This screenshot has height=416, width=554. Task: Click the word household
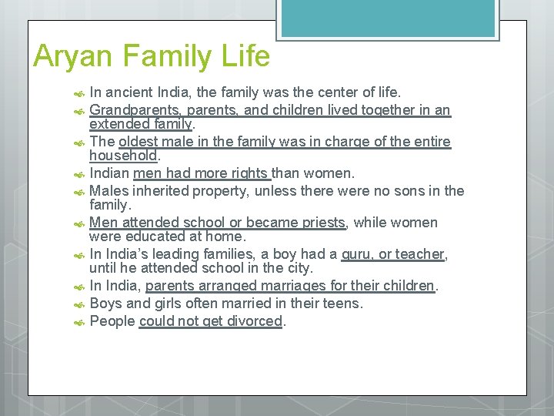(x=123, y=155)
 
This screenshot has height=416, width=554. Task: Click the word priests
(x=318, y=223)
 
